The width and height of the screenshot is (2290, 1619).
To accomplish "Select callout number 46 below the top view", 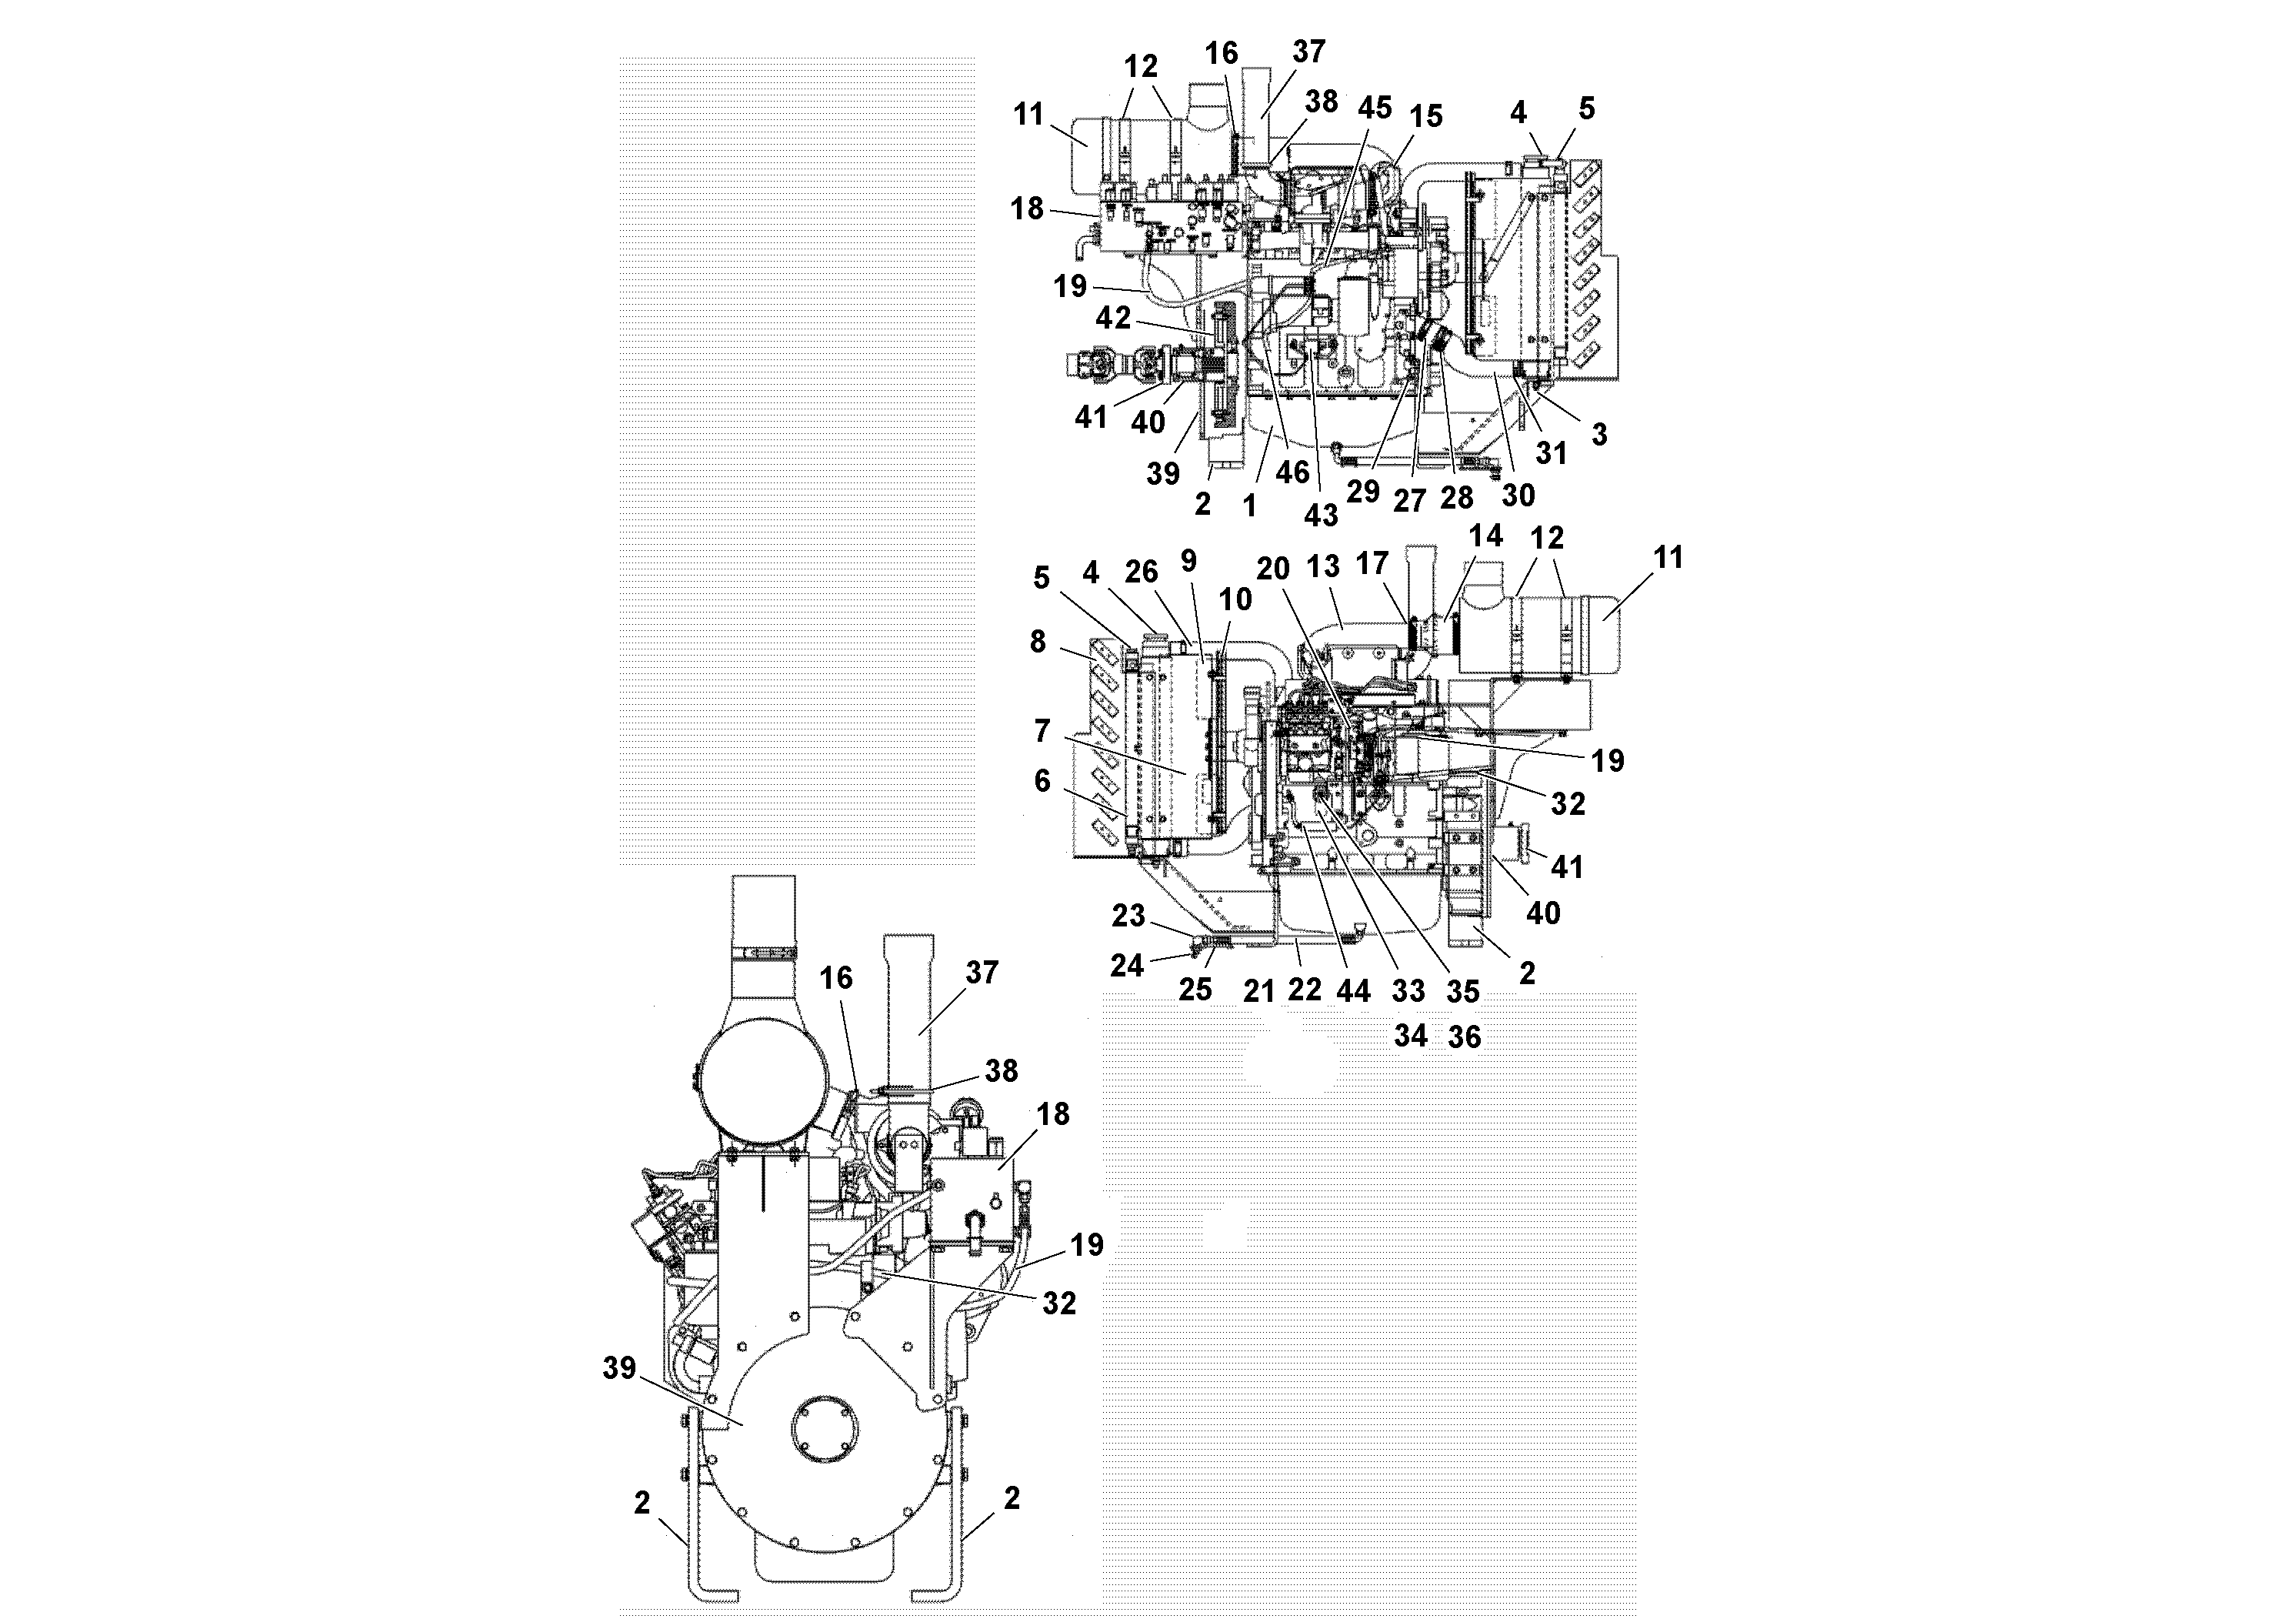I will pos(1292,471).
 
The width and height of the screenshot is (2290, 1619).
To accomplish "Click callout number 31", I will pos(1551,453).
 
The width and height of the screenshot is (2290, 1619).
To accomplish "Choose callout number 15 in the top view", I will pos(1425,117).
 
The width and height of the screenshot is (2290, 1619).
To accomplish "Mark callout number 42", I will pos(1113,319).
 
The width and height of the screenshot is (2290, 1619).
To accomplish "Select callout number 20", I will pos(1272,569).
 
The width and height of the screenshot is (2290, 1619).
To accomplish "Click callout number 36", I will pos(1463,1036).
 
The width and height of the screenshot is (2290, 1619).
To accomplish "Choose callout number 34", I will pos(1409,1036).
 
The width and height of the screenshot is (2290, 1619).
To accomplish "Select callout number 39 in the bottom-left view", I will pos(618,1367).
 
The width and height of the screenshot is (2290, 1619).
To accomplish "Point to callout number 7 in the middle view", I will pos(1042,731).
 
